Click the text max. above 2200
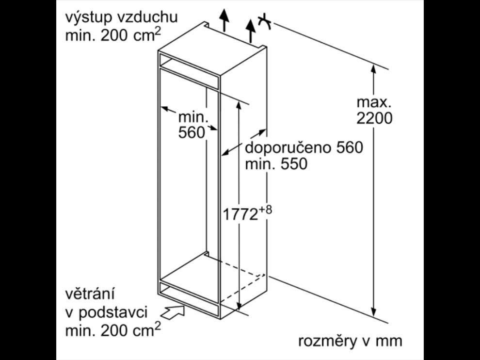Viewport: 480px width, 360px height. [373, 102]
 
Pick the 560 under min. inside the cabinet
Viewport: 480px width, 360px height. [192, 133]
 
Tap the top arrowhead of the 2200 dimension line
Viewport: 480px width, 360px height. [373, 68]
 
